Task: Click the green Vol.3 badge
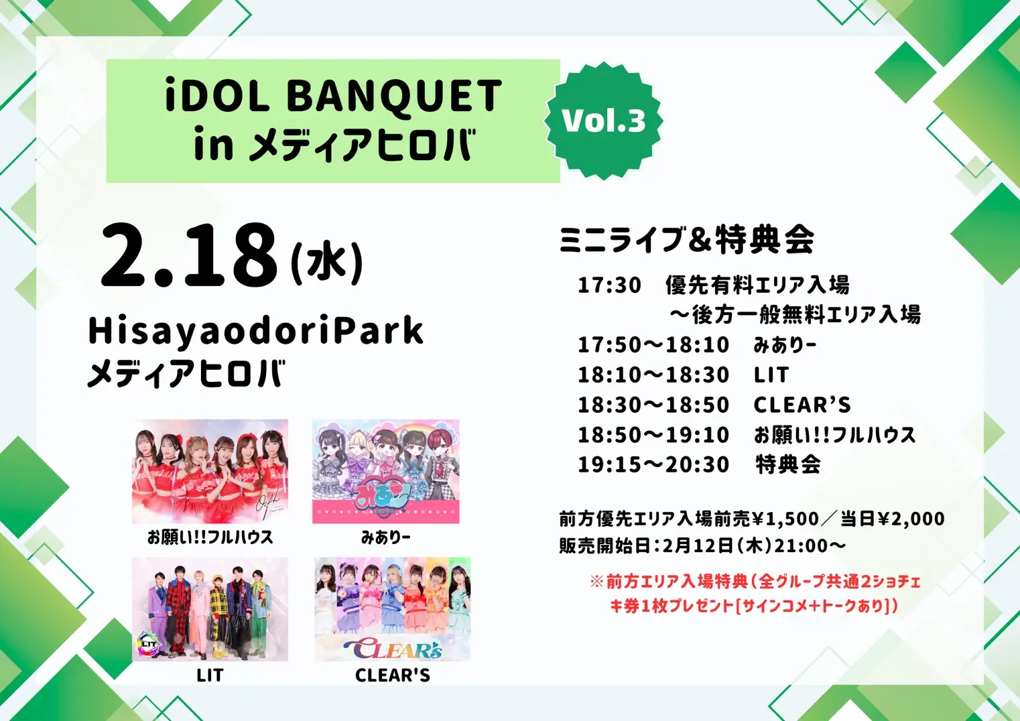click(x=604, y=121)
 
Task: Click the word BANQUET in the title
click(x=394, y=96)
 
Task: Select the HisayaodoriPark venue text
click(x=256, y=331)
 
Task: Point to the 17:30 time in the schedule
click(x=609, y=285)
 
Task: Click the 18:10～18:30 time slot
click(x=653, y=375)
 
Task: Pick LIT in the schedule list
click(x=771, y=375)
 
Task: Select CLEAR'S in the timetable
click(x=802, y=405)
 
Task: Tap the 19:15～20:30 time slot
click(x=653, y=464)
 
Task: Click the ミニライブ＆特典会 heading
click(x=687, y=240)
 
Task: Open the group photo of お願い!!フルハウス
click(x=210, y=471)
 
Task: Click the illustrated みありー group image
click(x=386, y=471)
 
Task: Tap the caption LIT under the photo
click(x=210, y=675)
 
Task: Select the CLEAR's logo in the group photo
click(x=393, y=648)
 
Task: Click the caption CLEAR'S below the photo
click(x=393, y=675)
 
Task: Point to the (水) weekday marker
click(x=327, y=263)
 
